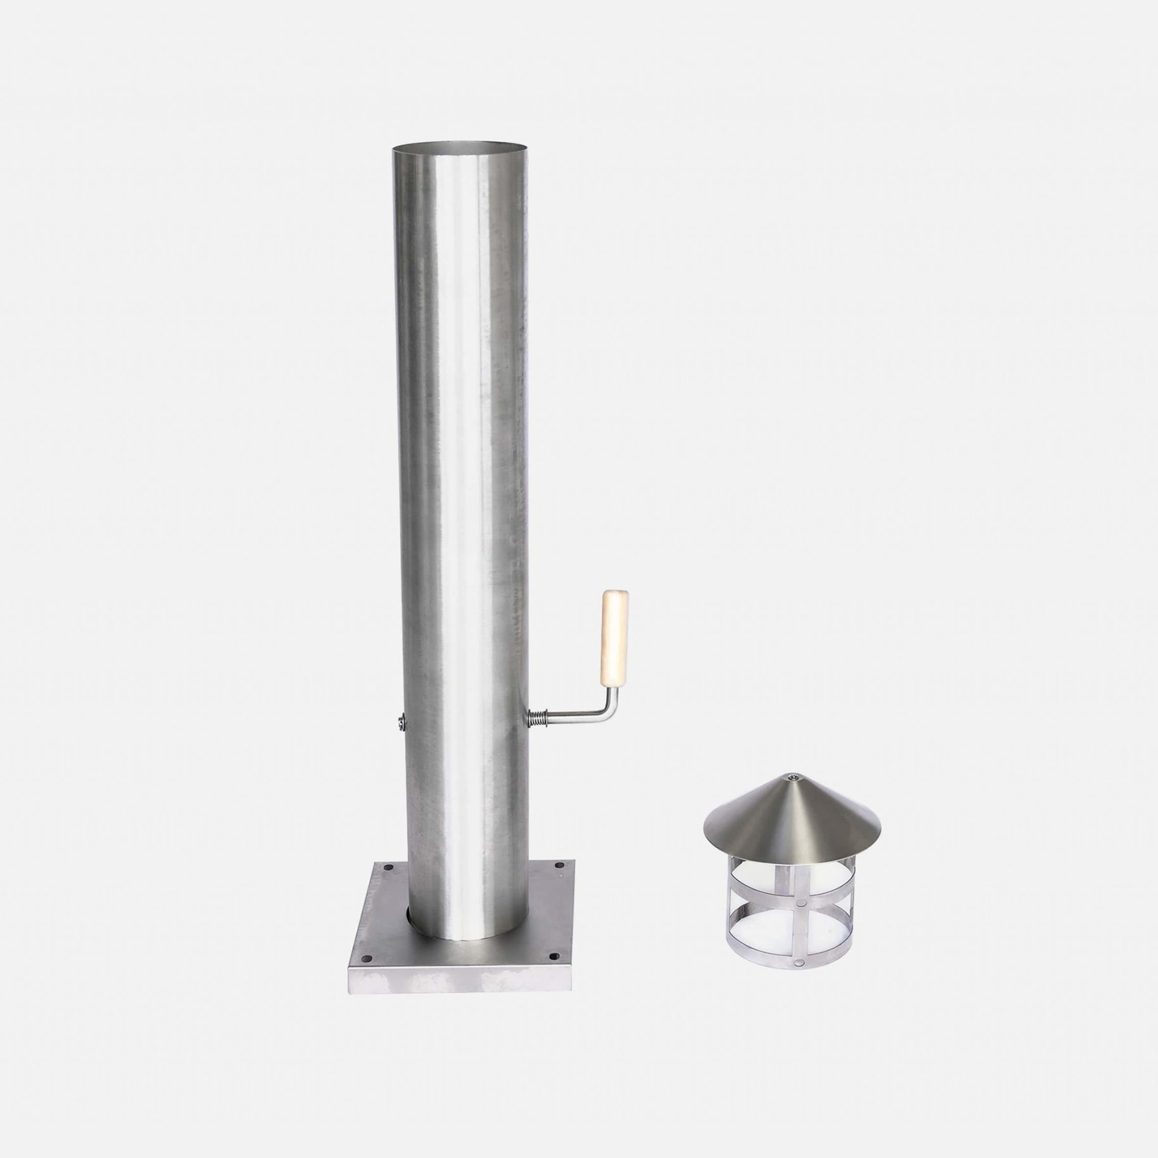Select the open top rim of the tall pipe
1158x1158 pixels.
pos(461,146)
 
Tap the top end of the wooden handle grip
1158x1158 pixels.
pos(613,595)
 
